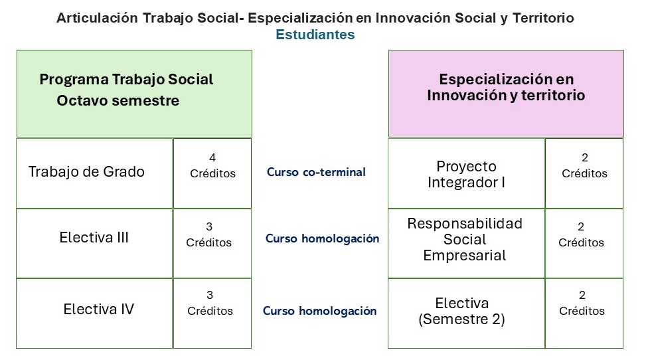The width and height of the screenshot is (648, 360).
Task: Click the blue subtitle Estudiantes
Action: point(315,35)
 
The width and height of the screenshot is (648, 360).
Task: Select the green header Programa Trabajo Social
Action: point(134,94)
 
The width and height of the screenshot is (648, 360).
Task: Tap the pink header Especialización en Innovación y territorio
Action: point(506,94)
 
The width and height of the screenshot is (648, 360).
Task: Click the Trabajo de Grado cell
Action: point(94,173)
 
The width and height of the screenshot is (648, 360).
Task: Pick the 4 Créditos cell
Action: point(212,173)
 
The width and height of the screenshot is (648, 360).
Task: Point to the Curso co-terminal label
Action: point(316,172)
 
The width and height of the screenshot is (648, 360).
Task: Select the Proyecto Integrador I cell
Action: point(466,173)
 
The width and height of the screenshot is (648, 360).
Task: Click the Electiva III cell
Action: point(94,244)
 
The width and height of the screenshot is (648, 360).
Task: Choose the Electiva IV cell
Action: point(94,314)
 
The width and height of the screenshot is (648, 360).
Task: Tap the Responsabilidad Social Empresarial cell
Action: point(466,244)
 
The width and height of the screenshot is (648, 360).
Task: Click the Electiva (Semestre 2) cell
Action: point(466,314)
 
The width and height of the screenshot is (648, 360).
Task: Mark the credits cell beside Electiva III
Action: point(212,244)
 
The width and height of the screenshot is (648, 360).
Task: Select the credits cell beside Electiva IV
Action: point(212,314)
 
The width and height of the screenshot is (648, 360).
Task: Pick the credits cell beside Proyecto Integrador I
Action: point(584,173)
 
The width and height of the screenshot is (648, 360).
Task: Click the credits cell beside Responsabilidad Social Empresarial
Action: point(584,244)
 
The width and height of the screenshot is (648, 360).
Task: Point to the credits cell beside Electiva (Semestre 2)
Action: point(584,314)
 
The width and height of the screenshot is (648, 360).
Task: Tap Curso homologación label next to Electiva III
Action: point(323,238)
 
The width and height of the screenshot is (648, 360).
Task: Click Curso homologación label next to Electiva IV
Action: point(320,311)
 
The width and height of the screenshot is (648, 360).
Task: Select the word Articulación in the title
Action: point(97,18)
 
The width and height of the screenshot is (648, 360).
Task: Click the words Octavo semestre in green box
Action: point(118,100)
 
